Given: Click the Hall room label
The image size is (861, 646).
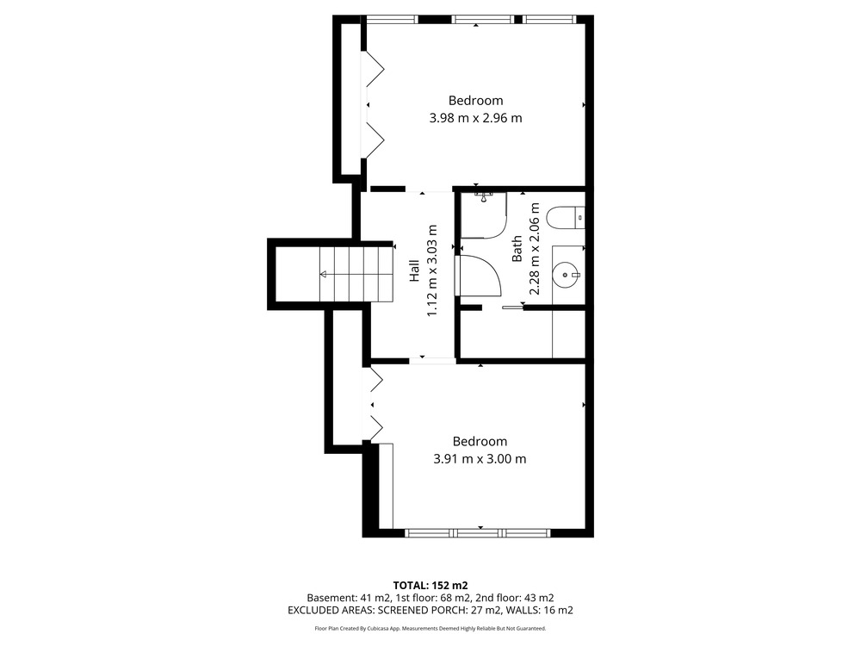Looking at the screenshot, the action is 415,271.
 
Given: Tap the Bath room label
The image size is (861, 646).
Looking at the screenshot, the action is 517,249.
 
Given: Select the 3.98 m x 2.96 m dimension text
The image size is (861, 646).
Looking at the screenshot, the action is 475,118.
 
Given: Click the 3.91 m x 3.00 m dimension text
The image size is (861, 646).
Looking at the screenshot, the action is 480,459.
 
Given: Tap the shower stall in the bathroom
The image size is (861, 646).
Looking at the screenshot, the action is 483,214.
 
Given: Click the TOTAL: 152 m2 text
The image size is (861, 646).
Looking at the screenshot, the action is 430,586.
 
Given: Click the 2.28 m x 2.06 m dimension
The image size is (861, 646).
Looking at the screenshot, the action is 535,249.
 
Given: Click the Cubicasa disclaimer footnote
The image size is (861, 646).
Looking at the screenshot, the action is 430,628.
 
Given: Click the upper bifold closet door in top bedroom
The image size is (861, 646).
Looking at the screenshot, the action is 375,69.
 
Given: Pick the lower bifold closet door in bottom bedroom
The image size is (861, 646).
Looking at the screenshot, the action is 376,428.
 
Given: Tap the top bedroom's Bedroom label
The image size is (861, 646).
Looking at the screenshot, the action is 475,101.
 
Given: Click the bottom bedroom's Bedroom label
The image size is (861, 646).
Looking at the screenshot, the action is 480,442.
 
